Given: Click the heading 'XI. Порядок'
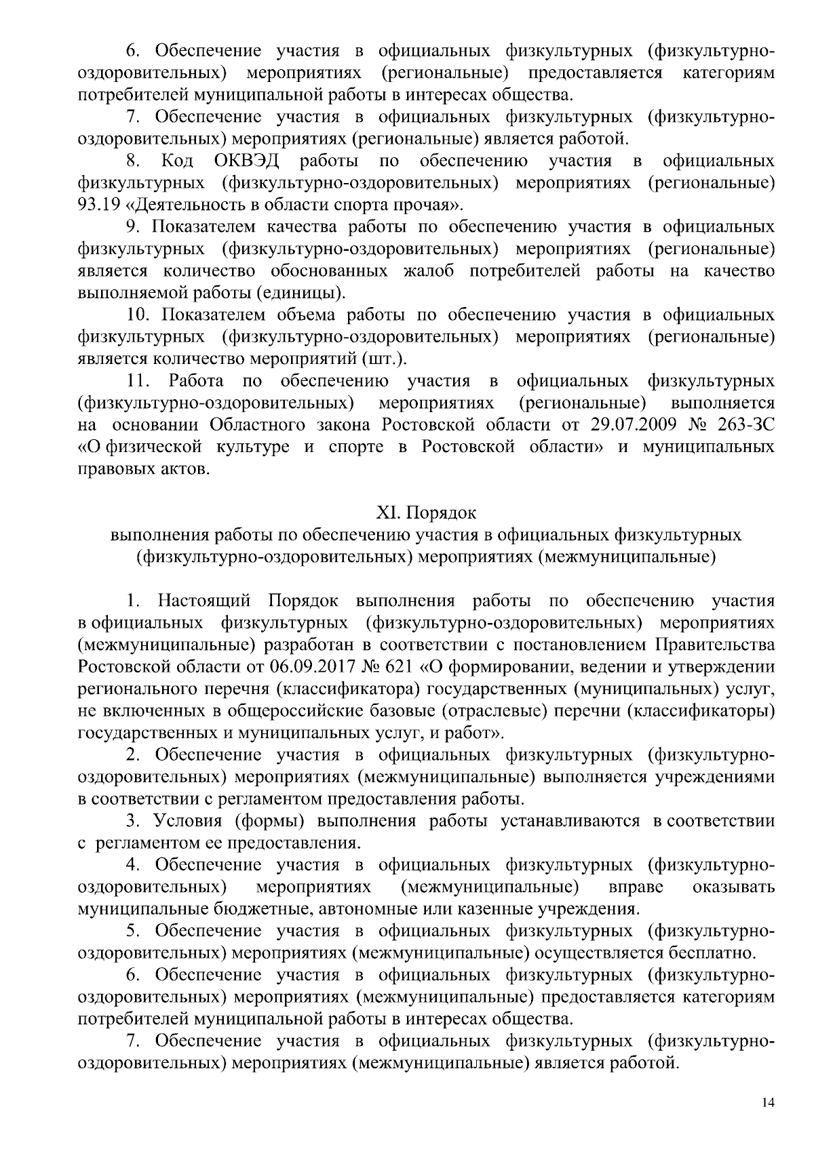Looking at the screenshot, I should coord(427,512).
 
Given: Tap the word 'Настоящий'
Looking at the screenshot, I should coord(204,601).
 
